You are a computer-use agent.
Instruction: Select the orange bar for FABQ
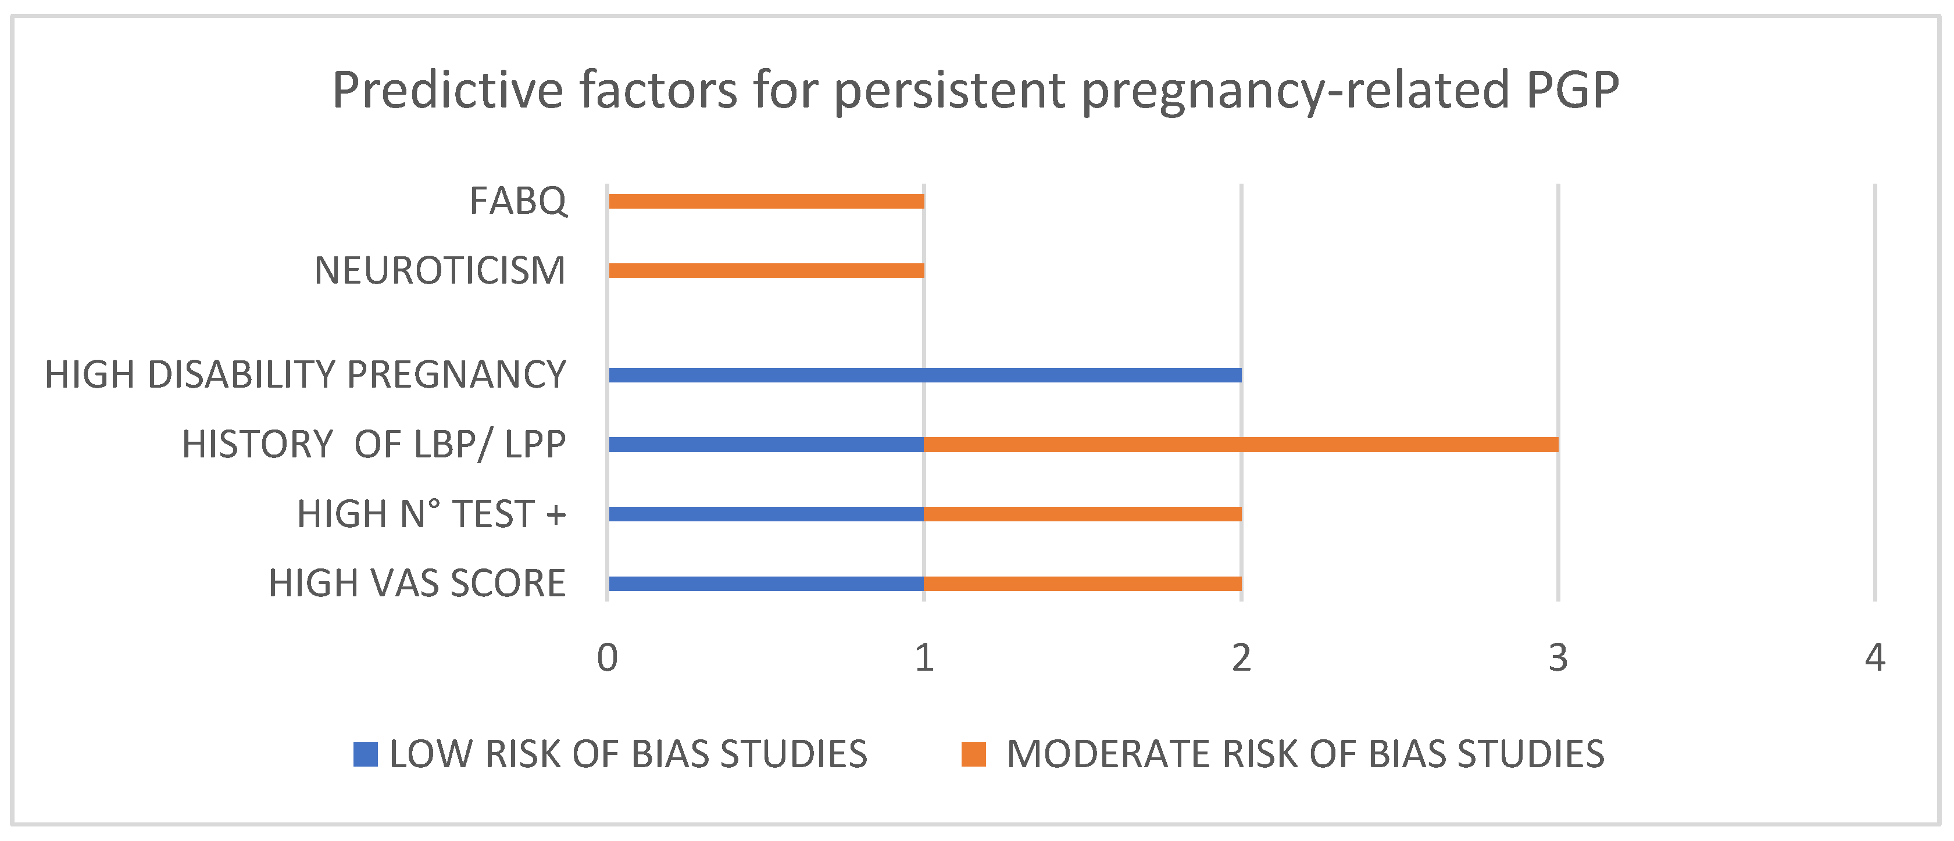tap(766, 201)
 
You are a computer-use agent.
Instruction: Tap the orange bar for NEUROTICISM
tap(766, 271)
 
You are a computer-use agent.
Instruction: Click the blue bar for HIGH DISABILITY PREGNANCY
tap(924, 375)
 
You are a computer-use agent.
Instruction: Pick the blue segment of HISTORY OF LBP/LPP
tap(766, 445)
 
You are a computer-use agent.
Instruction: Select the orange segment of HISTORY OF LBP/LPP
tap(1242, 445)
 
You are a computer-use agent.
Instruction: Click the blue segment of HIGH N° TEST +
tap(766, 514)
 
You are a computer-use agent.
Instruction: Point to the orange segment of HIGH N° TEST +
tap(1083, 514)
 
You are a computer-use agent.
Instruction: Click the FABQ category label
tap(518, 202)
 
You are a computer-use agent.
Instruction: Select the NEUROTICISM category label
tap(440, 271)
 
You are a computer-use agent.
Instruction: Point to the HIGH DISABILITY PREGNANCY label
tap(306, 375)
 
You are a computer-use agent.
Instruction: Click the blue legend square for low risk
tap(366, 754)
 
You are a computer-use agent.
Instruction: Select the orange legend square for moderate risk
tap(973, 754)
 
